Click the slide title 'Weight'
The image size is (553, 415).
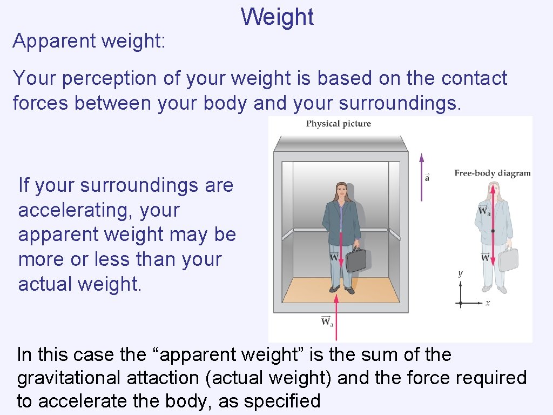tap(277, 17)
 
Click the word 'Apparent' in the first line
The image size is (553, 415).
tap(48, 41)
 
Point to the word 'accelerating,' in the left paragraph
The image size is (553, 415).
tap(98, 210)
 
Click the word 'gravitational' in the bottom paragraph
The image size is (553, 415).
tap(69, 378)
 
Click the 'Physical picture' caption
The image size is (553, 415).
tap(339, 124)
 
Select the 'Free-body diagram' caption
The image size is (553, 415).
tap(492, 173)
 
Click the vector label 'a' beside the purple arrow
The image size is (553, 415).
tap(427, 177)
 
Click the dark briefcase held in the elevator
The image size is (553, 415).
tap(356, 259)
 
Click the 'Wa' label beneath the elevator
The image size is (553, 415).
tap(327, 323)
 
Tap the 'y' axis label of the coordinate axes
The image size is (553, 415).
tap(460, 273)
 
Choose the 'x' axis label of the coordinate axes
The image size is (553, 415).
tap(487, 303)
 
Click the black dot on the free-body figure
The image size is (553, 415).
tap(493, 231)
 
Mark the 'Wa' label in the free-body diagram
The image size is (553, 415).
tap(484, 211)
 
